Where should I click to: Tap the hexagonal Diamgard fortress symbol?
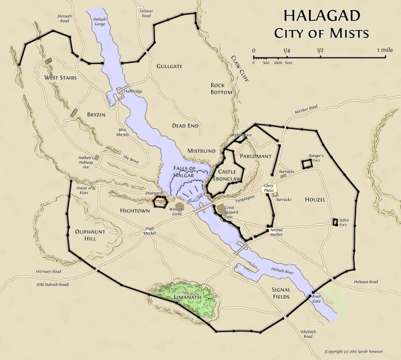click(x=160, y=201)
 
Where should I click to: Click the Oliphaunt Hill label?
click(x=89, y=234)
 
